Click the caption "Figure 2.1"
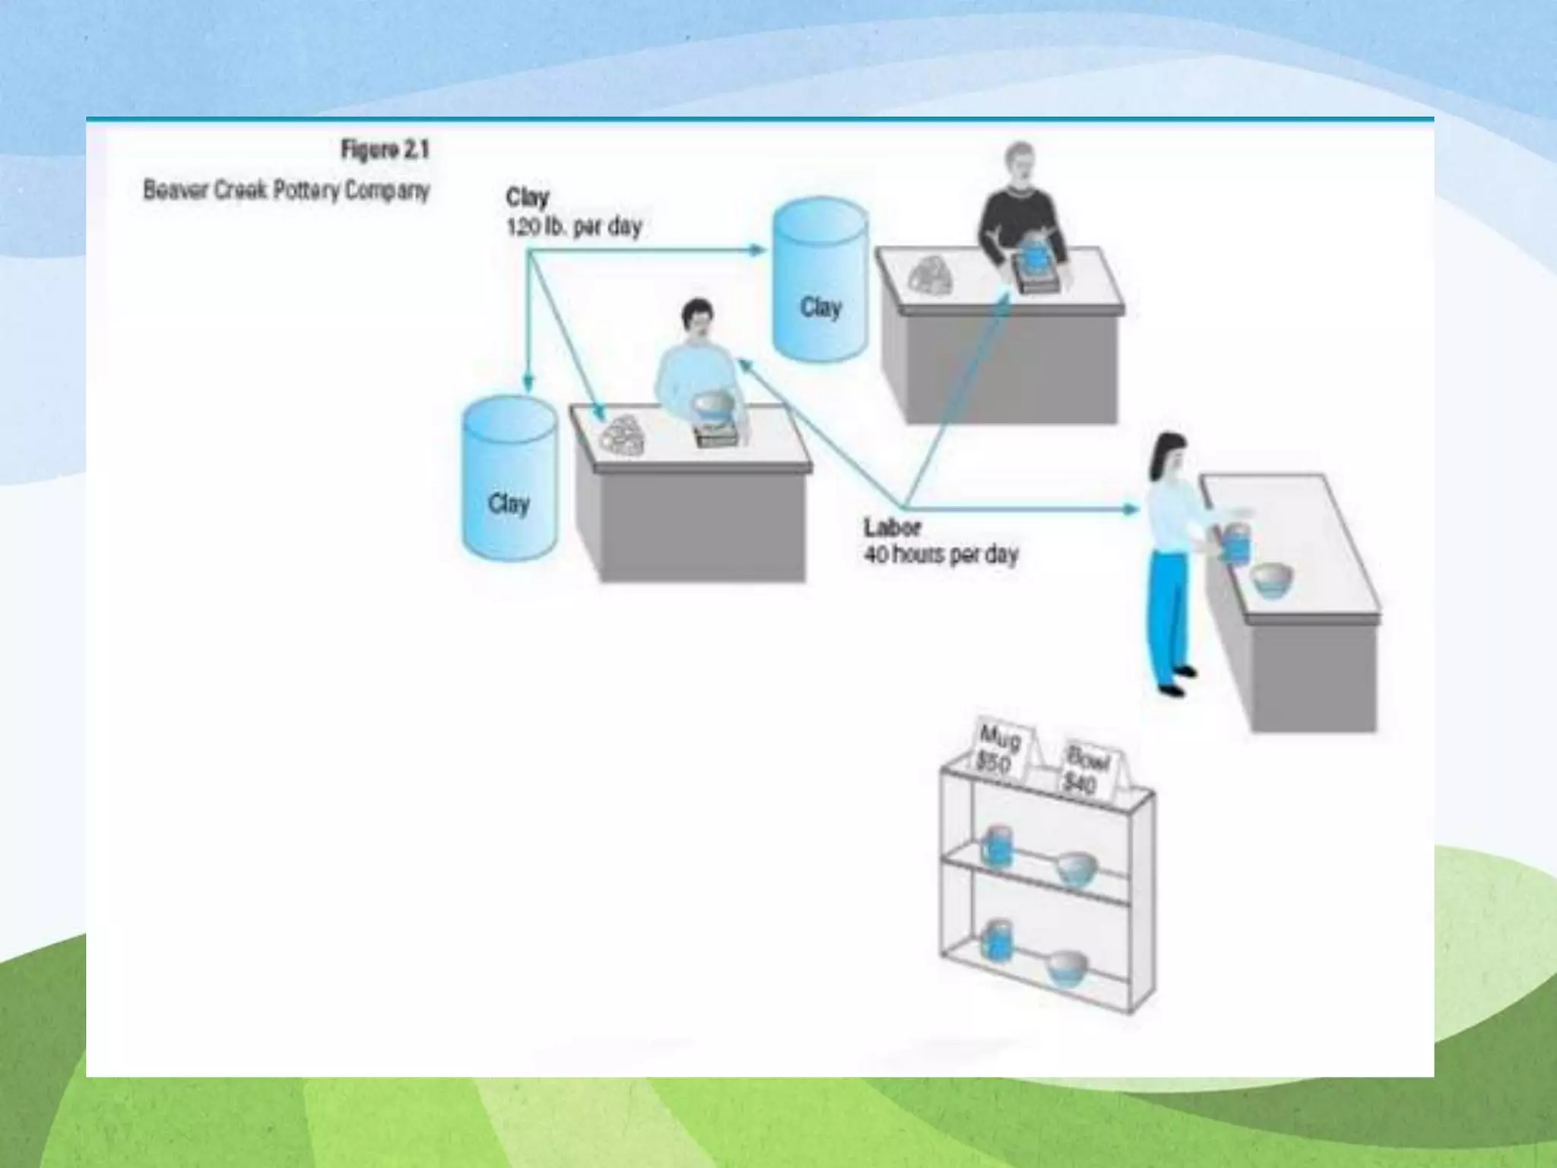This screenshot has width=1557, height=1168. click(385, 150)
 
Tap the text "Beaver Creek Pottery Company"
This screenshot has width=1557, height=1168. click(287, 190)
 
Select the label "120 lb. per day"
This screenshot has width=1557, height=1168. click(574, 227)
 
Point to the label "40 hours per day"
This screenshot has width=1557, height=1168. click(940, 555)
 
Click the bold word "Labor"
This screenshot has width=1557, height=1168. click(892, 527)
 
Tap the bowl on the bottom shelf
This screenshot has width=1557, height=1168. click(1067, 969)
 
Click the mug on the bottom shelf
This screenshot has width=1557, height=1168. click(995, 941)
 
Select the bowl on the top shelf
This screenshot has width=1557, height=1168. click(1077, 869)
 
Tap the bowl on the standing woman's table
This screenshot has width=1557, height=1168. click(1271, 579)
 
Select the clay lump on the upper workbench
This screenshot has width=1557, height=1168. click(931, 274)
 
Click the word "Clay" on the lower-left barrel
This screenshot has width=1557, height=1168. click(509, 503)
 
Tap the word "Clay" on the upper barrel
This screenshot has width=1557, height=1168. click(820, 307)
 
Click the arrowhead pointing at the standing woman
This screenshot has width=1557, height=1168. click(1132, 509)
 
